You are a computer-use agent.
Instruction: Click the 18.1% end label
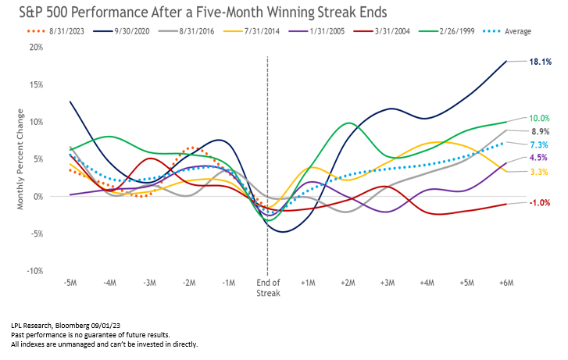tap(540, 61)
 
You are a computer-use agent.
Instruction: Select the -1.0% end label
tap(539, 203)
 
